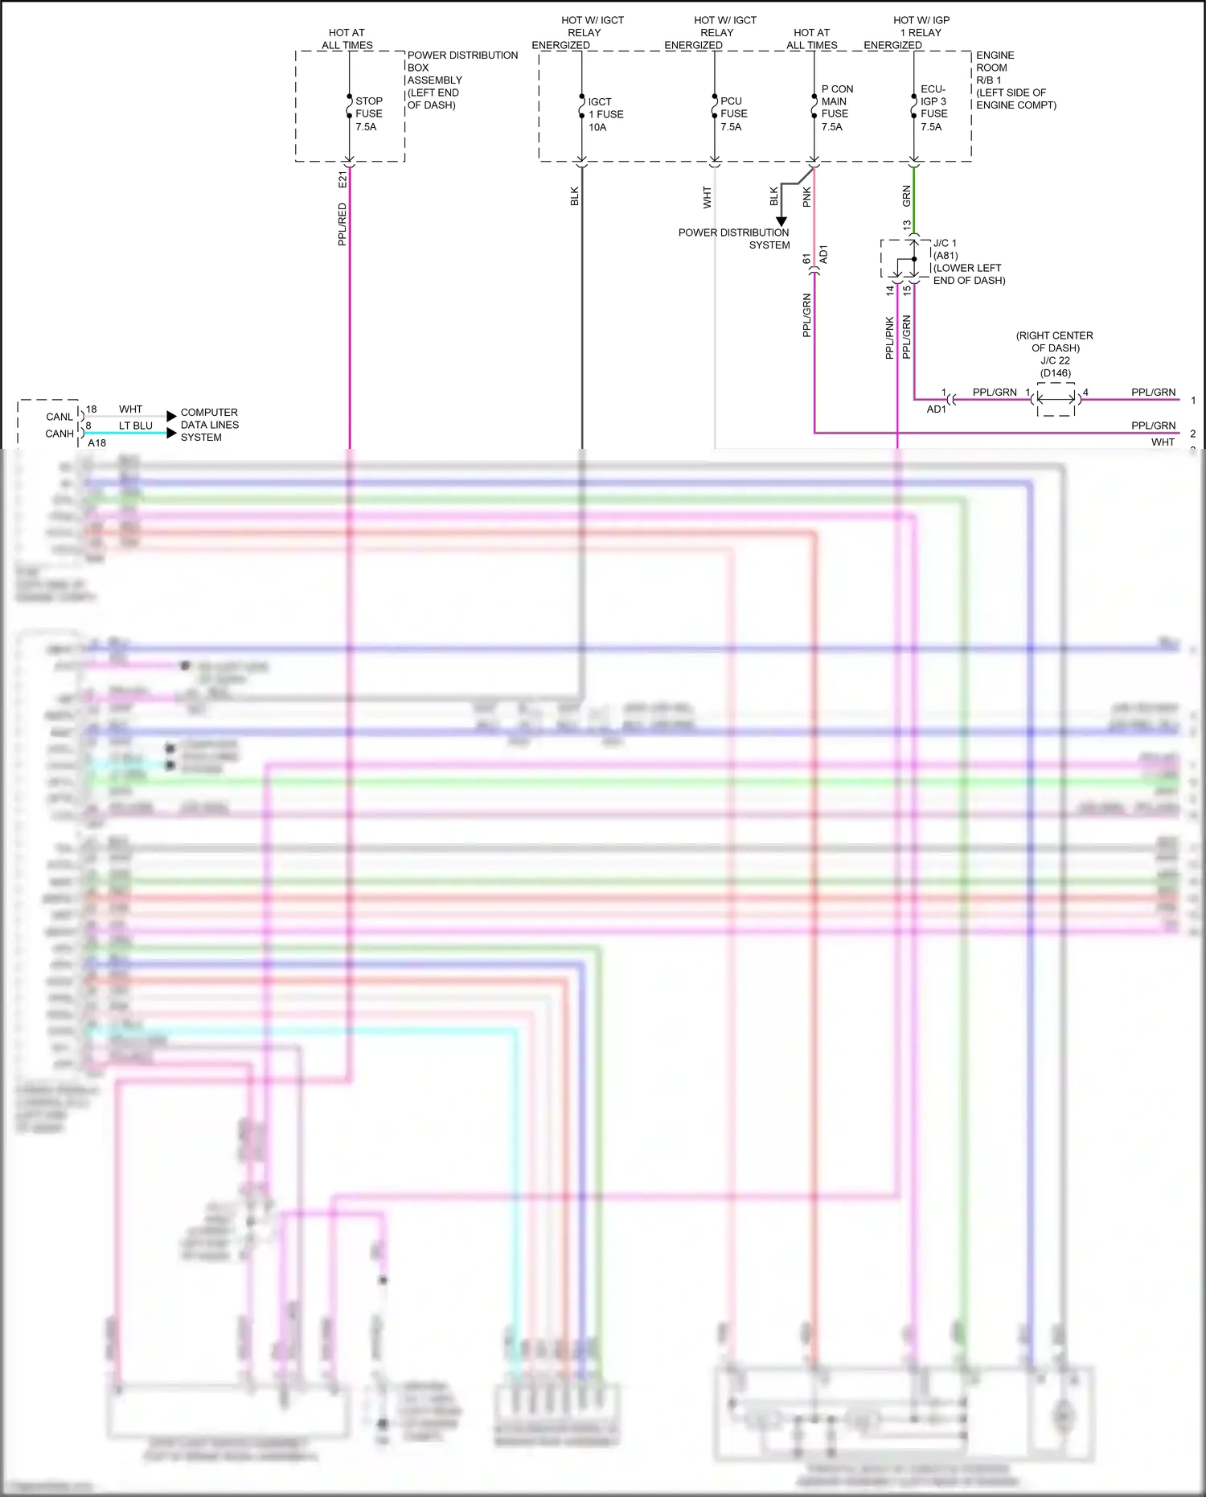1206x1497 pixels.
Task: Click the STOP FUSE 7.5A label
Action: click(x=368, y=113)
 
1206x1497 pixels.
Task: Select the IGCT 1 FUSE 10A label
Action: click(x=605, y=114)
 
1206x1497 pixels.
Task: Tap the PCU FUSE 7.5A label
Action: click(x=732, y=113)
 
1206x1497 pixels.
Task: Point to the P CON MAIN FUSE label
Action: click(x=836, y=108)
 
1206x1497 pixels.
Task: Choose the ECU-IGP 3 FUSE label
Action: click(x=933, y=108)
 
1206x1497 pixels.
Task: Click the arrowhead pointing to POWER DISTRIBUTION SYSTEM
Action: click(x=781, y=221)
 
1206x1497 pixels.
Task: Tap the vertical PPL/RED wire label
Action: click(x=343, y=224)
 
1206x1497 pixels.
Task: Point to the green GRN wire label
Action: click(x=906, y=195)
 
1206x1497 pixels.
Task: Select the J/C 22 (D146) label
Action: click(x=1055, y=366)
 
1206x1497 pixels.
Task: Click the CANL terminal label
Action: click(x=59, y=417)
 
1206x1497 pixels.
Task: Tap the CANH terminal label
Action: click(x=59, y=434)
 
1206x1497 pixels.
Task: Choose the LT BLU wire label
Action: click(x=135, y=426)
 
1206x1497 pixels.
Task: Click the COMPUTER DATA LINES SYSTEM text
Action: click(x=209, y=425)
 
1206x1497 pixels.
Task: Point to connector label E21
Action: click(x=343, y=179)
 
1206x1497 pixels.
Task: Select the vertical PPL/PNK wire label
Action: click(x=889, y=337)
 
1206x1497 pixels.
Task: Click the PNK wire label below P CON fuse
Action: click(x=806, y=197)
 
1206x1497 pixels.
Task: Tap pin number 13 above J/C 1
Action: click(x=907, y=225)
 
